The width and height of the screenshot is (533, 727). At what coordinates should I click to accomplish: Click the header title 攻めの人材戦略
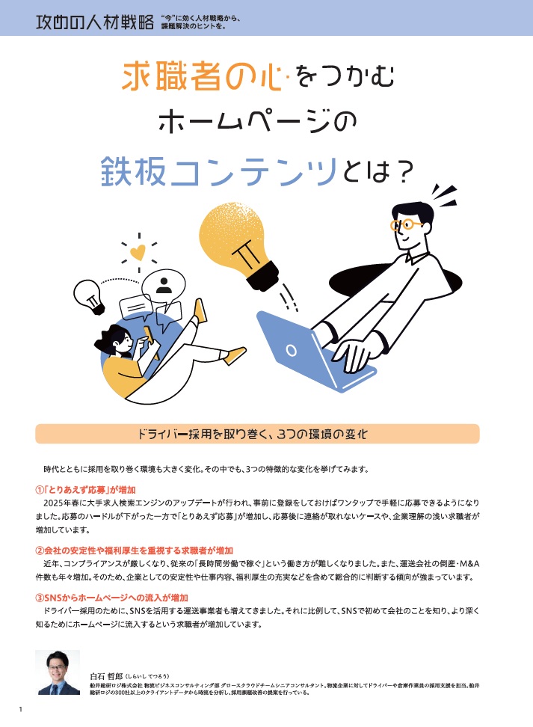[94, 22]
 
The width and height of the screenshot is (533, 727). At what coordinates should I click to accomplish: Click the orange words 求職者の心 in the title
[202, 76]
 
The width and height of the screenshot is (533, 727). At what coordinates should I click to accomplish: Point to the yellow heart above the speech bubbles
[138, 252]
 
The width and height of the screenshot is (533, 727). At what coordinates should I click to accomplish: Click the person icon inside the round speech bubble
[164, 286]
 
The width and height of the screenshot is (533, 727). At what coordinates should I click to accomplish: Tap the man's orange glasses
[405, 225]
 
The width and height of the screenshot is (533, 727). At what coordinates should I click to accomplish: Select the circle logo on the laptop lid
[291, 349]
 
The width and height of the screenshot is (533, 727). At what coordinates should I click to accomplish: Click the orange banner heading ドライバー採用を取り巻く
[253, 434]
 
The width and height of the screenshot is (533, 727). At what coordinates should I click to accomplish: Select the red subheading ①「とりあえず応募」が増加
[86, 490]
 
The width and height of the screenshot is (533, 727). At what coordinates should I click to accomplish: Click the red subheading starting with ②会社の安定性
[135, 550]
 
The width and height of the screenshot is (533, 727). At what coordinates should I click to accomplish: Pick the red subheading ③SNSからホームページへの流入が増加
[111, 598]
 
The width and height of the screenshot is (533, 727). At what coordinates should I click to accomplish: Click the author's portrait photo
[58, 672]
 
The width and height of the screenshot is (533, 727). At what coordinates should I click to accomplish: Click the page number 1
[20, 709]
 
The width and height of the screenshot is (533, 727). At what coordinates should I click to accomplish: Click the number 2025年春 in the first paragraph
[64, 503]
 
